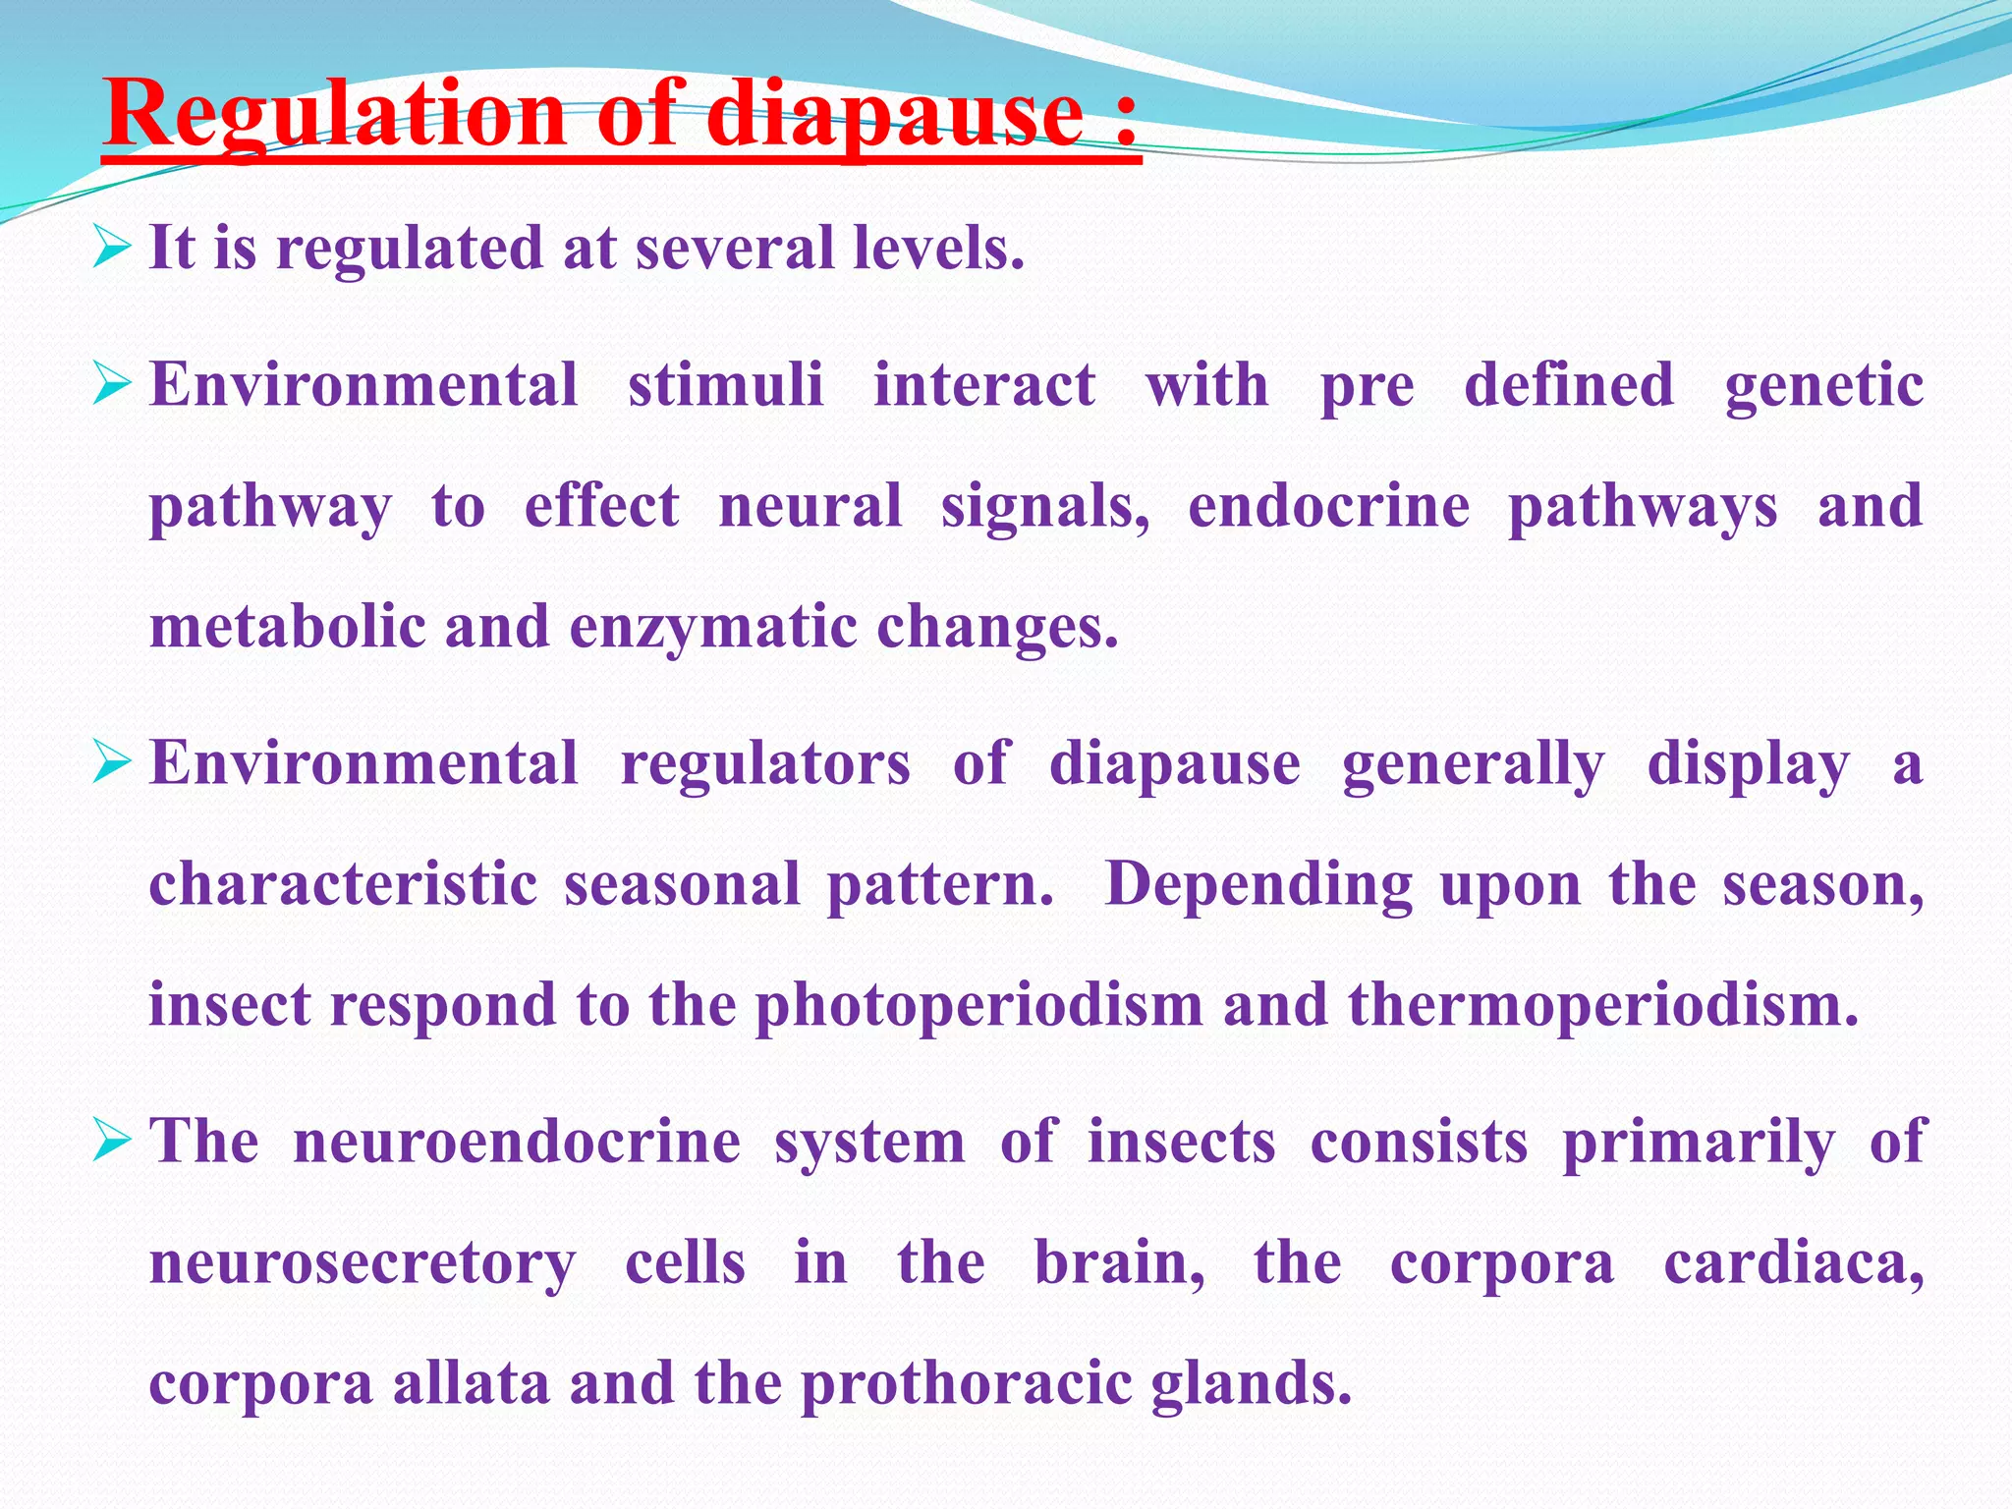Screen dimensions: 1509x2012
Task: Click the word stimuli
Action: pyautogui.click(x=726, y=384)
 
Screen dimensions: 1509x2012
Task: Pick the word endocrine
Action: pyautogui.click(x=1329, y=506)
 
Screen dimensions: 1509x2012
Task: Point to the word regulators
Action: pyautogui.click(x=765, y=763)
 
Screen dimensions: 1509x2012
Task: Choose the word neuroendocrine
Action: pyautogui.click(x=517, y=1142)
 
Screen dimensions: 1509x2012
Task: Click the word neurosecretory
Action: pyautogui.click(x=363, y=1264)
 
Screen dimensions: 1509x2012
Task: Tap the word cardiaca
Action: pyautogui.click(x=1793, y=1262)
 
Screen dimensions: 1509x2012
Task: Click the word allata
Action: pyautogui.click(x=471, y=1382)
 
